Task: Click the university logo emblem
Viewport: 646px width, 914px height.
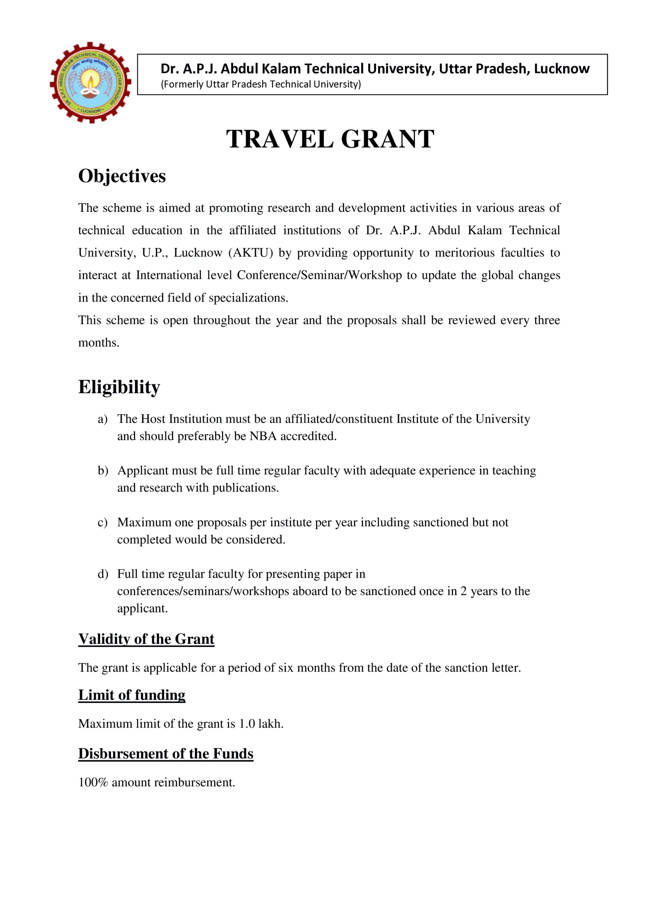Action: click(x=90, y=82)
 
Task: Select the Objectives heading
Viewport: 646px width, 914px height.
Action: click(x=122, y=176)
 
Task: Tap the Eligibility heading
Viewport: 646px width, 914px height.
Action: click(x=119, y=387)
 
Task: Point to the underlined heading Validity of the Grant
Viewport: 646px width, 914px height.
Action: click(x=146, y=639)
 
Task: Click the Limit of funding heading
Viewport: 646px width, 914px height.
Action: click(x=132, y=695)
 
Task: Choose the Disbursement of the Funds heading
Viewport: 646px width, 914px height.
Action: click(x=166, y=754)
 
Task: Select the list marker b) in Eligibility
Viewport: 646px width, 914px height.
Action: click(x=103, y=471)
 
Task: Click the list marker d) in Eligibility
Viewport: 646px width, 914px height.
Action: click(x=103, y=574)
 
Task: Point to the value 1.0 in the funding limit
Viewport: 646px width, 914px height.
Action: click(x=246, y=724)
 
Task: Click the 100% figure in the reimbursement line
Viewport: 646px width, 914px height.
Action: click(x=93, y=782)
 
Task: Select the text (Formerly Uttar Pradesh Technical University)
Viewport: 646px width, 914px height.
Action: click(x=261, y=84)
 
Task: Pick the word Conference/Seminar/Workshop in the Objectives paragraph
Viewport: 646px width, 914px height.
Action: click(x=319, y=276)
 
